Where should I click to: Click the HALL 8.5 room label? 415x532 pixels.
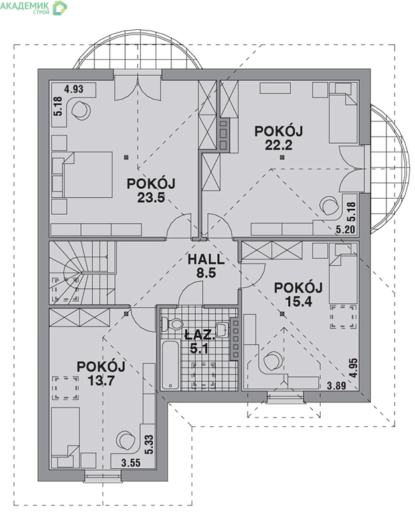(206, 265)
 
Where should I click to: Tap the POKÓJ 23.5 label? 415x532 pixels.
(151, 190)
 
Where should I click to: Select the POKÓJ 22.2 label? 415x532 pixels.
(278, 138)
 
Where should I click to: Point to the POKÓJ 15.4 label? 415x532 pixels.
(298, 294)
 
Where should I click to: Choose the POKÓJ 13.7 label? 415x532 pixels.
(101, 373)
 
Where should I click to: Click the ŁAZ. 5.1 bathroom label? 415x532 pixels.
(200, 341)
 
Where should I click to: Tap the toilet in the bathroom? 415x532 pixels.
(172, 324)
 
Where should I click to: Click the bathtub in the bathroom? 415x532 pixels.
(171, 365)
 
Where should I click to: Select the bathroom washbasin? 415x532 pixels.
(222, 329)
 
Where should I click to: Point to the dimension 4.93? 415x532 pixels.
(74, 89)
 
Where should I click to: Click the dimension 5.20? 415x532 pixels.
(345, 229)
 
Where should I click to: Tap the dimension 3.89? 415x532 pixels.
(336, 386)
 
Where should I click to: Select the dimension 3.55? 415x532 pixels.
(130, 463)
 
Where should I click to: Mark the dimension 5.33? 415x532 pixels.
(149, 445)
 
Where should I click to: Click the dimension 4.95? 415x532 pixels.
(354, 368)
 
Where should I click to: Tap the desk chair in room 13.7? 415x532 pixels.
(125, 441)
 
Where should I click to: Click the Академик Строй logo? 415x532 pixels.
(34, 7)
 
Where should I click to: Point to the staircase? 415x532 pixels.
(82, 273)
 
